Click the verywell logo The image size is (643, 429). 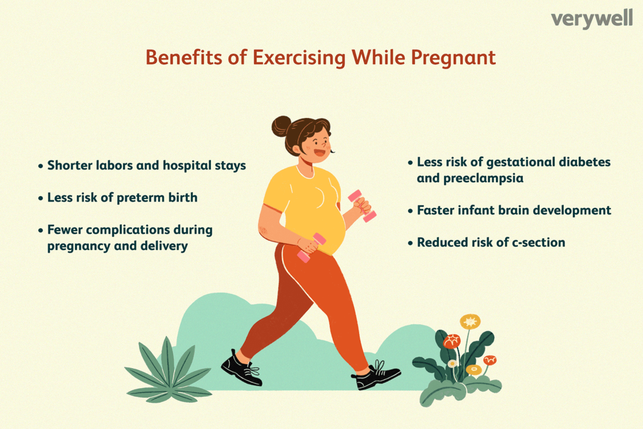pos(592,19)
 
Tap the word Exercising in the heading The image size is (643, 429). pos(299,58)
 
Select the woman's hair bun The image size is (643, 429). pos(281,126)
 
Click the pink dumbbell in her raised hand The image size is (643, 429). pos(362,205)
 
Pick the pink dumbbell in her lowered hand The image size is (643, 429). pos(311,247)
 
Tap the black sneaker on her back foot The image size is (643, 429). pos(242,368)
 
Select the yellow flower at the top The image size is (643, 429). pos(470,322)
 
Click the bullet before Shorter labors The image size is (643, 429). pos(40,166)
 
